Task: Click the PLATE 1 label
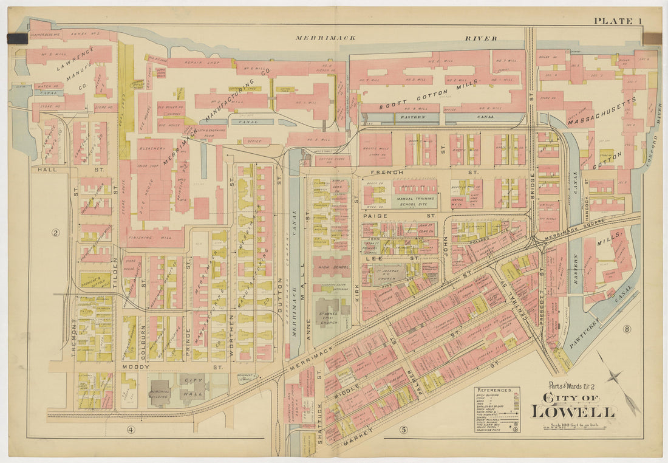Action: pos(618,21)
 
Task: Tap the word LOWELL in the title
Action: pos(573,411)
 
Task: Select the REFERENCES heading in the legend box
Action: pos(496,391)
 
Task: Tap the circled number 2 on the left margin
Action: pos(55,233)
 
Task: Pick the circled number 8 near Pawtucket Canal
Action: pos(626,330)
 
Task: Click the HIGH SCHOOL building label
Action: pos(332,266)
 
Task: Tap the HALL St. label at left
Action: pos(46,170)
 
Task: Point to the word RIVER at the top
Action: pos(482,38)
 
